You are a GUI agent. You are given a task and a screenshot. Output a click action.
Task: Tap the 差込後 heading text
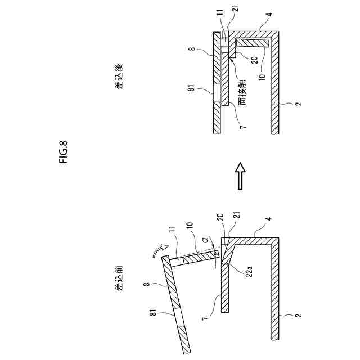pos(119,76)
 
